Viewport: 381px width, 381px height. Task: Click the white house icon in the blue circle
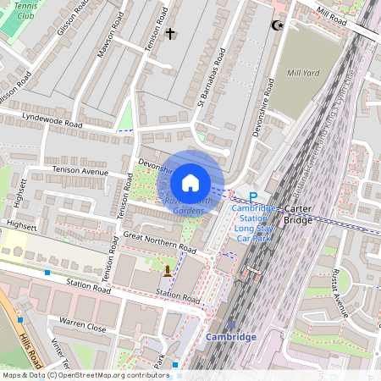[x=190, y=183]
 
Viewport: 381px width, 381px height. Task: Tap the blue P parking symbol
[x=252, y=196]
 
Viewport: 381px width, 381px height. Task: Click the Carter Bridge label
[x=297, y=214]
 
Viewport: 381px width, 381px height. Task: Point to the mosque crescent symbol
[x=274, y=25]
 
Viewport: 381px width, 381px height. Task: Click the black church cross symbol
[x=170, y=34]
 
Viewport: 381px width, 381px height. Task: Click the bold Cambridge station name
[x=231, y=337]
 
